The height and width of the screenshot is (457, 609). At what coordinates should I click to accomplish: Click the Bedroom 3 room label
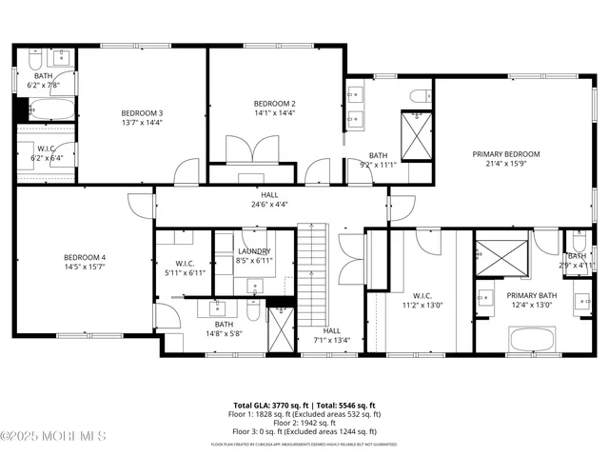(141, 111)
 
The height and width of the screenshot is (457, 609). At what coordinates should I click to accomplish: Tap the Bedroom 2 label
(274, 103)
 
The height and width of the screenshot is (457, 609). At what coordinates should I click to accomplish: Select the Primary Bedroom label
(506, 154)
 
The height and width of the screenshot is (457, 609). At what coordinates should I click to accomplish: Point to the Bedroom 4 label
(85, 257)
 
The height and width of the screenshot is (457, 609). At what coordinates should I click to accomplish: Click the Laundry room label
(254, 251)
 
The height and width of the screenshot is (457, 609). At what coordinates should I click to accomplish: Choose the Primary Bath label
(529, 295)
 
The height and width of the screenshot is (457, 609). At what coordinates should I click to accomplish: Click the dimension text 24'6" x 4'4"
(270, 204)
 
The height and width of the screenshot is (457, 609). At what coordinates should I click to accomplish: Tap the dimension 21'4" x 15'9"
(506, 164)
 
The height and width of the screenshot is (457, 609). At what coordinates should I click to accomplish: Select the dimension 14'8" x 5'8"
(224, 333)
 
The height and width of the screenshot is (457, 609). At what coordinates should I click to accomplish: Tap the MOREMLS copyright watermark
(53, 437)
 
